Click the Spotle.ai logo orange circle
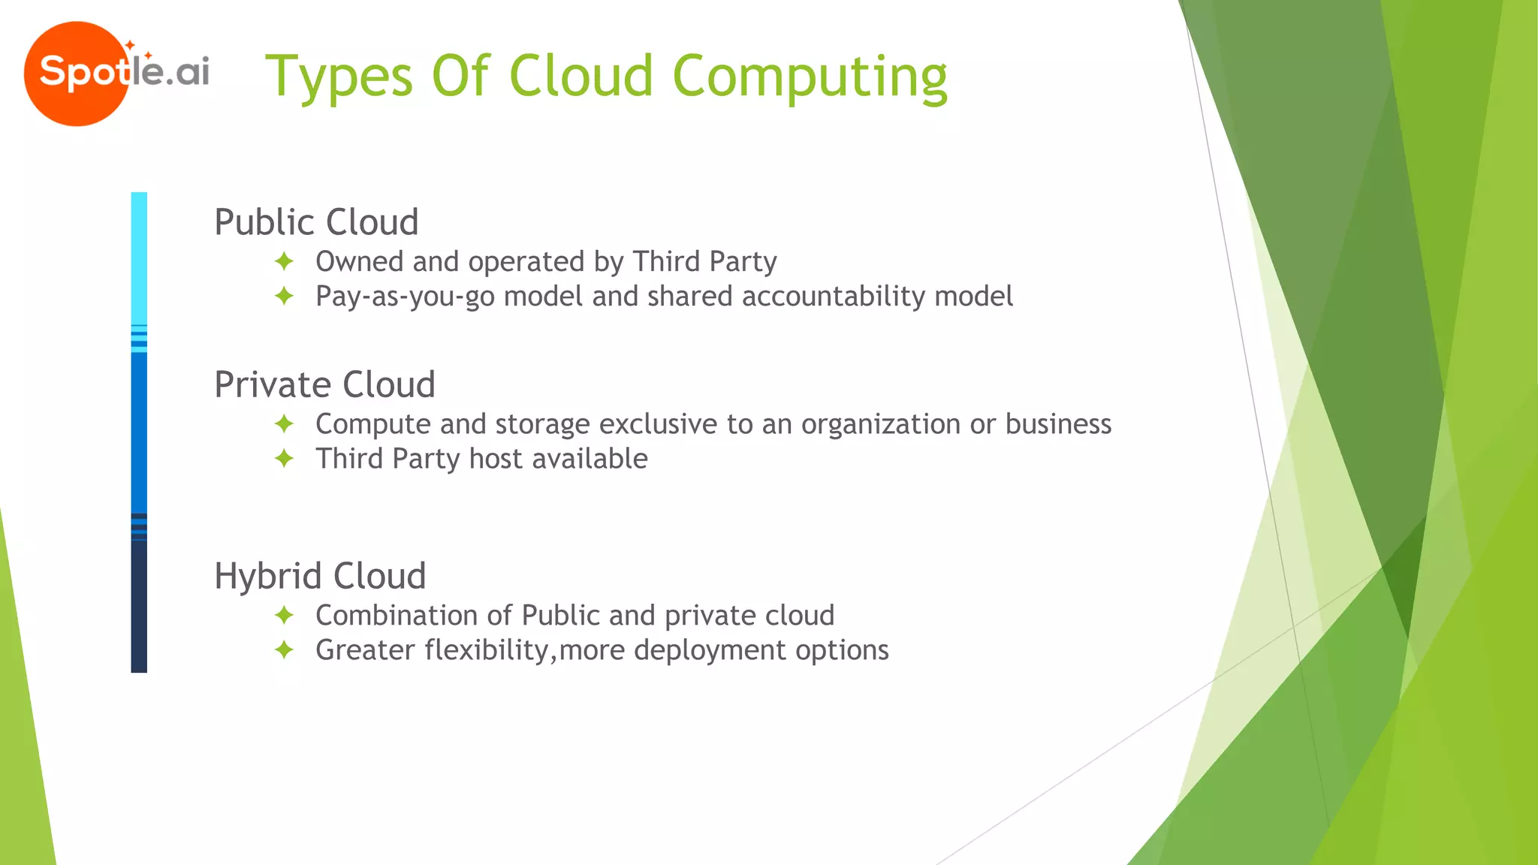tap(75, 74)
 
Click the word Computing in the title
tap(810, 77)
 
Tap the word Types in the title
tap(339, 77)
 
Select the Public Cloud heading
tap(316, 222)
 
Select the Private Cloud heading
tap(324, 384)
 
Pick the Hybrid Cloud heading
tap(320, 576)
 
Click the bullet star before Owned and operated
tap(284, 261)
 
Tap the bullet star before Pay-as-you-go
tap(284, 296)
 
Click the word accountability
tap(834, 296)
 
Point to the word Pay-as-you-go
tap(405, 296)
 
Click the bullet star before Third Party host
tap(284, 458)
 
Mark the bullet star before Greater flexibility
tap(284, 650)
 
